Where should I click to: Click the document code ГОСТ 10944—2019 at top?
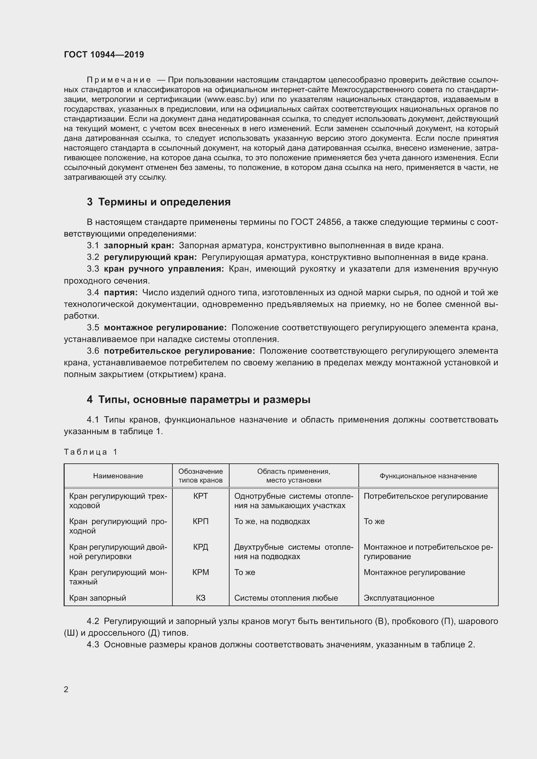pos(104,55)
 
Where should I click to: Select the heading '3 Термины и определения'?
pos(159,202)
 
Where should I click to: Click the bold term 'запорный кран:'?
pos(139,246)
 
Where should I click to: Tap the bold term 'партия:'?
pos(121,293)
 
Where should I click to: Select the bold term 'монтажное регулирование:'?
pos(165,328)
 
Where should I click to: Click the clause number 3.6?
pos(93,351)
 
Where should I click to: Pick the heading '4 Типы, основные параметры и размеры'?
pos(198,400)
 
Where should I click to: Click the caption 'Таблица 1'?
pos(91,452)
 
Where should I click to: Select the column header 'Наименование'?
pos(118,476)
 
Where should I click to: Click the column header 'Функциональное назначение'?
pos(428,476)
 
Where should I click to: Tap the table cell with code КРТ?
pos(200,496)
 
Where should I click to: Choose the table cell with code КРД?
pos(200,547)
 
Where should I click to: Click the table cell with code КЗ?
pos(200,598)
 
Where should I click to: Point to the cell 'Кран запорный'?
pos(97,598)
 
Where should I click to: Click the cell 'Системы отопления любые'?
pos(286,598)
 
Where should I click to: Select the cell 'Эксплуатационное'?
pos(399,598)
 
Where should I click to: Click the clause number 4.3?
pos(93,645)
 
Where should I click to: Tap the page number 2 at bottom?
pos(66,690)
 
